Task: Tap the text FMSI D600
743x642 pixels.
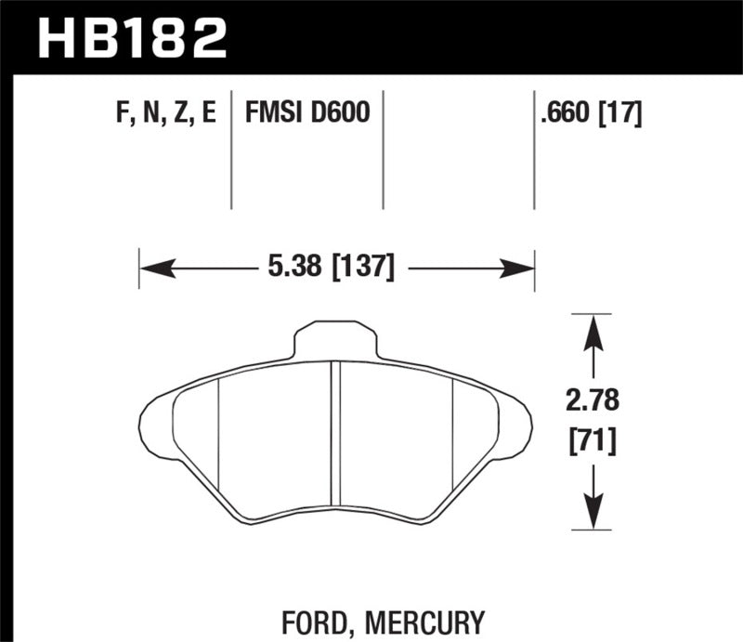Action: coord(307,113)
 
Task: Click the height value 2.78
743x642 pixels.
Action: coord(593,402)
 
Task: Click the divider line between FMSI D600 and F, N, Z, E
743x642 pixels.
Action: coord(231,149)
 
